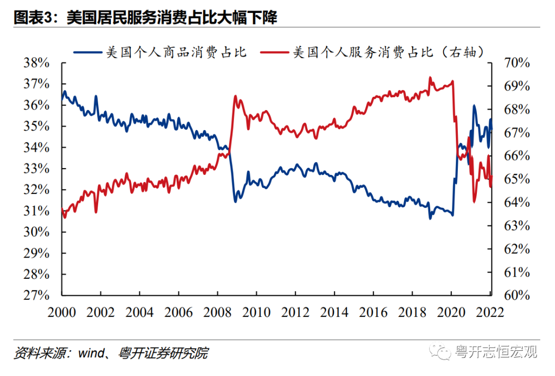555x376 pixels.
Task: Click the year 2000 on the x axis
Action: tap(62, 312)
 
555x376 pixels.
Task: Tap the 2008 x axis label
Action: tap(217, 312)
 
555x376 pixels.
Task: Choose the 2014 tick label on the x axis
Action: tap(334, 312)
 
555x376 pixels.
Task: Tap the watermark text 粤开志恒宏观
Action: tap(496, 352)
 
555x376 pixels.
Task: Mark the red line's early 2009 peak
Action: tap(235, 96)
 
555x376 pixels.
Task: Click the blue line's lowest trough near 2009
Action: tap(235, 201)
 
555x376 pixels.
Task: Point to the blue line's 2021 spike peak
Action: tap(474, 106)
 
